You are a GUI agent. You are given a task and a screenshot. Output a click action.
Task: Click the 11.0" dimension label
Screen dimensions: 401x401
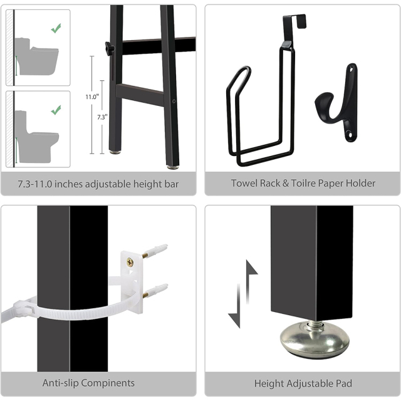coord(92,97)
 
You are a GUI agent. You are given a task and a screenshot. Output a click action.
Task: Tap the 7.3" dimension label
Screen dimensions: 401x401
coord(102,117)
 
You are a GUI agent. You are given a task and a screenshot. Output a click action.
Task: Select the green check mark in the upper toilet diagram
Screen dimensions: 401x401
coord(56,28)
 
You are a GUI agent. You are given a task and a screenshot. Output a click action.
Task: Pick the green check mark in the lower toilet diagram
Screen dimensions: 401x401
coord(56,110)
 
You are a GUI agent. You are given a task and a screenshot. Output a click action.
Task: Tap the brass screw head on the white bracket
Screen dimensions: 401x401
coord(130,262)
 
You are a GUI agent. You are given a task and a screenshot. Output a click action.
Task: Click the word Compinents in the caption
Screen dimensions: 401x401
coord(108,383)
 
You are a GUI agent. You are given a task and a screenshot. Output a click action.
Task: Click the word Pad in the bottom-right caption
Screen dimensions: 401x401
coord(346,383)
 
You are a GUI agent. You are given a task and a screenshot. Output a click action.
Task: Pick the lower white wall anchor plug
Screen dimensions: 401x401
coord(155,289)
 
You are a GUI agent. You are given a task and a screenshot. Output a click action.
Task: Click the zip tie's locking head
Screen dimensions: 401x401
coord(24,307)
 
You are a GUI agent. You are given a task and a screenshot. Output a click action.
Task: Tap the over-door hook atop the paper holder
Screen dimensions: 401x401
coord(294,28)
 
